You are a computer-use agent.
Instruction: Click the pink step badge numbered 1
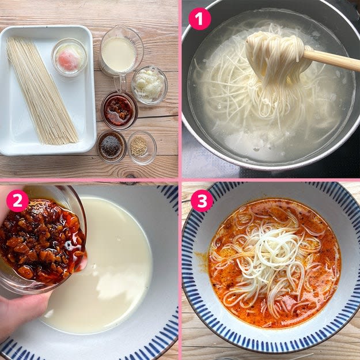pos(199,19)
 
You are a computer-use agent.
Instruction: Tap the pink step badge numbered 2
pos(17,200)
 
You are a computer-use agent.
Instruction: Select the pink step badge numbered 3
pos(202,200)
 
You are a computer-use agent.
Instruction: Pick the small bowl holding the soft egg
pos(69,58)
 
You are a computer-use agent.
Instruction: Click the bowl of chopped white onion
pos(149,85)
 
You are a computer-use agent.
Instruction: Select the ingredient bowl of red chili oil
pos(119,111)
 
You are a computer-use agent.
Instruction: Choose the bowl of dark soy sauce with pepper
pos(112,146)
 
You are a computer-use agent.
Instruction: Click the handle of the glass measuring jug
pos(119,83)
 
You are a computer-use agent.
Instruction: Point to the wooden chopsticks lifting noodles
pos(331,59)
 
